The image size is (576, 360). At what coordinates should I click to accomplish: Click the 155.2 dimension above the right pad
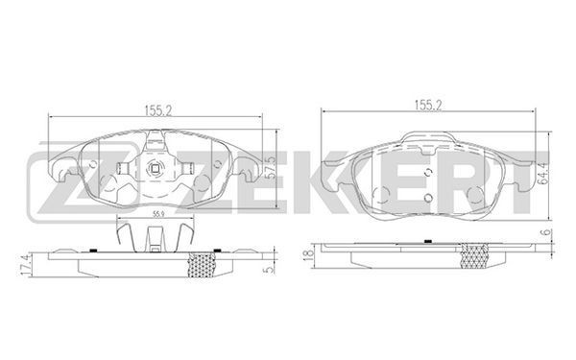428,105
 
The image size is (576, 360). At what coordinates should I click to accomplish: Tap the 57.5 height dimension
271,167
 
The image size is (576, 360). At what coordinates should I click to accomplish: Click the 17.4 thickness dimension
25,265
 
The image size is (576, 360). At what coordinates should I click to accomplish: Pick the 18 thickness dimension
309,254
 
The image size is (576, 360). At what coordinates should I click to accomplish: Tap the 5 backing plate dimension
270,269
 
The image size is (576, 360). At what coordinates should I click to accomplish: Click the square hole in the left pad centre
155,169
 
